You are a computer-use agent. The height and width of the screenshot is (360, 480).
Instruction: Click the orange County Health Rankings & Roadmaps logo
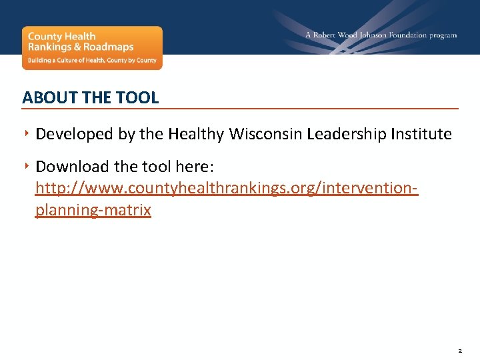point(92,47)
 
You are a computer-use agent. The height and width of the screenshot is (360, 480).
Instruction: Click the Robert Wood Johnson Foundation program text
point(381,35)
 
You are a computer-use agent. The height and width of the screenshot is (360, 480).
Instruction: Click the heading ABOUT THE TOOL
point(91,97)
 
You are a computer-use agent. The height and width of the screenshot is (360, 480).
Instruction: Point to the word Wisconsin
point(265,134)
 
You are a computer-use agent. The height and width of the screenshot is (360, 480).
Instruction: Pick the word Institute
point(421,134)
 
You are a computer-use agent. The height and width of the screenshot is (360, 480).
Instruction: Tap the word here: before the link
point(194,166)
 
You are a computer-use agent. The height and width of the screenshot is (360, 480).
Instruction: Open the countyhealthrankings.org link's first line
point(227,188)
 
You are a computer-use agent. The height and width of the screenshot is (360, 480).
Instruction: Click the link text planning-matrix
point(93,211)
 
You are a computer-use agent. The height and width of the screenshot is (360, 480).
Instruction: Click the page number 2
point(461,349)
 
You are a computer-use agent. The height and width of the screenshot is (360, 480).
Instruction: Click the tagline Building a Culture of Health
point(91,60)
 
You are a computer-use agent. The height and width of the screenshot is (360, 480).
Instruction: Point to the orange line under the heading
point(240,108)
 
